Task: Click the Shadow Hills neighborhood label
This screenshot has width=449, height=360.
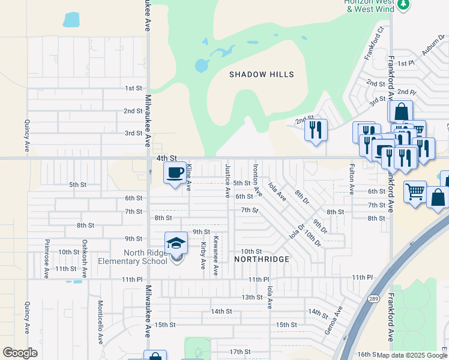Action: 262,74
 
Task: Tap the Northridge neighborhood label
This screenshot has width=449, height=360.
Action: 262,259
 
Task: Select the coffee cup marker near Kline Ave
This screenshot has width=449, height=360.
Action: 175,173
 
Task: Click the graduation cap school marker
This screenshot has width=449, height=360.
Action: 176,243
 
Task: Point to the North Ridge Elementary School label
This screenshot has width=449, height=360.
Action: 146,256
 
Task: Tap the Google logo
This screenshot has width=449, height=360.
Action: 20,353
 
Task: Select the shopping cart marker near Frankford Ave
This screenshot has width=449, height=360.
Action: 415,193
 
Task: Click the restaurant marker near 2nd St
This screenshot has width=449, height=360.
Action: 316,130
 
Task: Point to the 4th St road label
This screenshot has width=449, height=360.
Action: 165,158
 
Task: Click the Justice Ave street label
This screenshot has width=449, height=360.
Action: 228,181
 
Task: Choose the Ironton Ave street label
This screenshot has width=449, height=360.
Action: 257,181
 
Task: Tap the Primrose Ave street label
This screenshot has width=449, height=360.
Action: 46,259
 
